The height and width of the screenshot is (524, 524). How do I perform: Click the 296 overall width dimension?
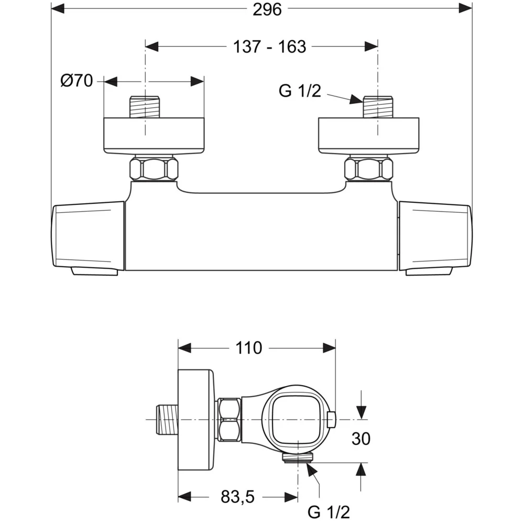point(267,9)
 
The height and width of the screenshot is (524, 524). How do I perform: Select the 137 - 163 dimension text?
point(269,47)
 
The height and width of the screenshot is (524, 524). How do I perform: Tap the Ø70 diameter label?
point(77,81)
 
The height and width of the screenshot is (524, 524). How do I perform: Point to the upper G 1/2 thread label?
point(300,91)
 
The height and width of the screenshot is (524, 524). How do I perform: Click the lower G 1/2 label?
point(329,511)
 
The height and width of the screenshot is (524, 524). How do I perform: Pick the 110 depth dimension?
point(248,347)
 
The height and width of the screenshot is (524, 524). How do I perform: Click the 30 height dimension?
point(361,439)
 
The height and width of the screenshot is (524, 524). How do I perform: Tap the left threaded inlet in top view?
point(144,107)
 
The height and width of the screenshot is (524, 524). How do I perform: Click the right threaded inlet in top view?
point(378,107)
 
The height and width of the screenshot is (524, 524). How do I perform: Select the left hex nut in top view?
point(154,169)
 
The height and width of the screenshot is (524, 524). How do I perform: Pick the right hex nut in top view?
point(368,169)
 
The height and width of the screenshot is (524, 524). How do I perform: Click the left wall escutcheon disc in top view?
point(154,136)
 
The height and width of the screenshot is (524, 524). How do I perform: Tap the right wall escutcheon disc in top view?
point(369,136)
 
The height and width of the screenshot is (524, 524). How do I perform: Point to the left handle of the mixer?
point(88,237)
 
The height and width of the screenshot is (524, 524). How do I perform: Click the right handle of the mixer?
point(435,237)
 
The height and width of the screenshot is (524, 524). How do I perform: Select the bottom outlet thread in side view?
point(297,458)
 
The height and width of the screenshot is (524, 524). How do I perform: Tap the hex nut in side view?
point(229,420)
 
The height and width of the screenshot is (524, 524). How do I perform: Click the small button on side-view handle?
point(331,419)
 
